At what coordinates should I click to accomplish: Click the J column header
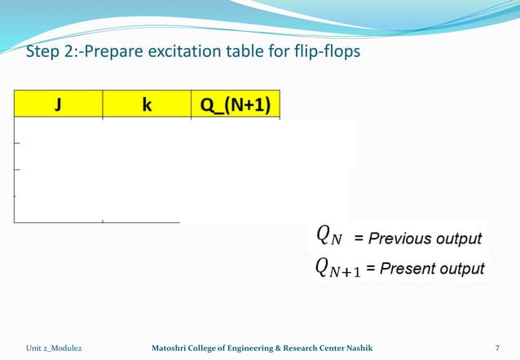58,106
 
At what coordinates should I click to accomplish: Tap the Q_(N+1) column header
236,106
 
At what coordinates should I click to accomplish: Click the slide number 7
497,348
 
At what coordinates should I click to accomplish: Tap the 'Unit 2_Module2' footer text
54,348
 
